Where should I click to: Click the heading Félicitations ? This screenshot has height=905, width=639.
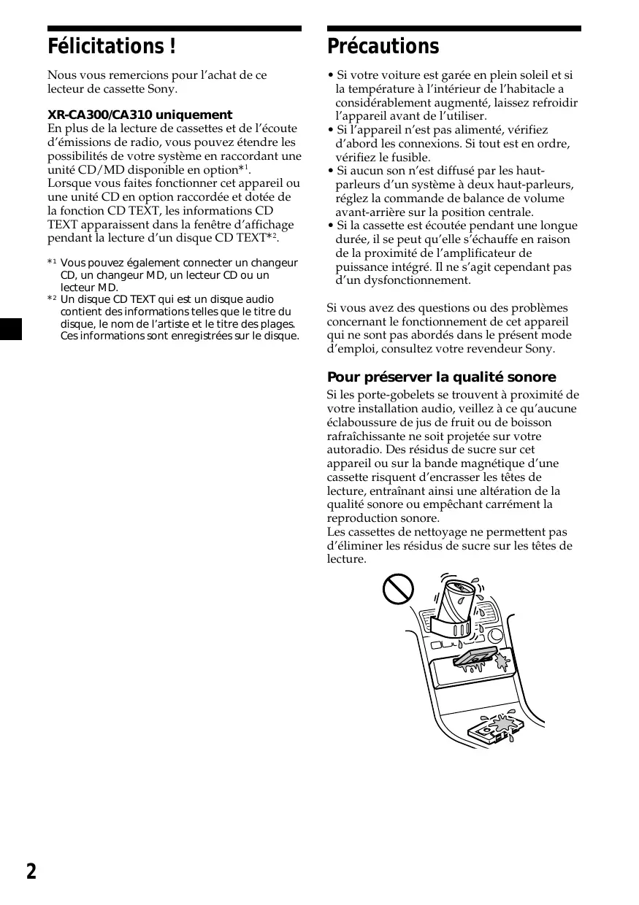click(111, 47)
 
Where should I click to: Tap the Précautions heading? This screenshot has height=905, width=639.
click(383, 47)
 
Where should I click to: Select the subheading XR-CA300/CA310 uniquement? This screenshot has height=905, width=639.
click(139, 115)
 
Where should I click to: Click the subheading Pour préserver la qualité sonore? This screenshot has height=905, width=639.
click(441, 377)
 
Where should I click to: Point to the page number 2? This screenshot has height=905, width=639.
click(31, 871)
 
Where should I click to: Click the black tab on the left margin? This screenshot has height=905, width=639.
click(11, 329)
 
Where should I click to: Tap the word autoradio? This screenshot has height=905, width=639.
click(353, 450)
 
